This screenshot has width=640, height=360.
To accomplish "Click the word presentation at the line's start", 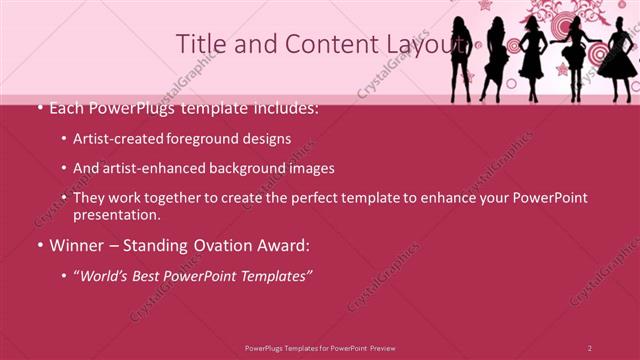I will pyautogui.click(x=116, y=215).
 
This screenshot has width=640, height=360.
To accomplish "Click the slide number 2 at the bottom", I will pyautogui.click(x=590, y=347).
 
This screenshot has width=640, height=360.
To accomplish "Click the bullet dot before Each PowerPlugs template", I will pyautogui.click(x=39, y=108).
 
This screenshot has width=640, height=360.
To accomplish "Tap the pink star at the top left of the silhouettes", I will pyautogui.click(x=486, y=5).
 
